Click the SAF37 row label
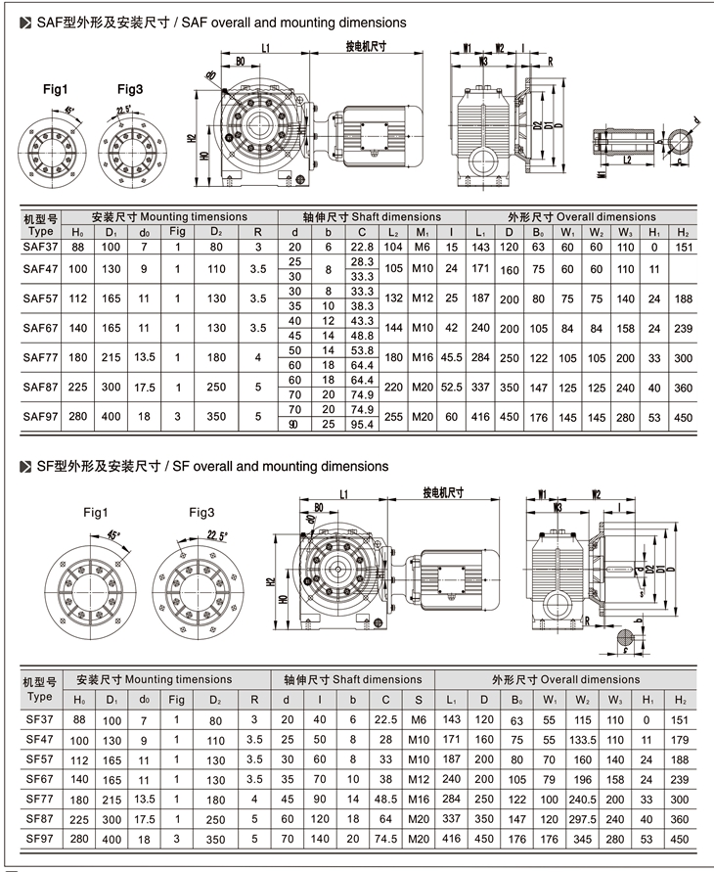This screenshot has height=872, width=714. [x=41, y=249]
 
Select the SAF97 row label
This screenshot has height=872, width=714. [x=41, y=416]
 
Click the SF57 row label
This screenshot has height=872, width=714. [x=40, y=759]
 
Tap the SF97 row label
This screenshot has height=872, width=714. [x=40, y=839]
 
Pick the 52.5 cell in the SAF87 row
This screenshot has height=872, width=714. [x=451, y=388]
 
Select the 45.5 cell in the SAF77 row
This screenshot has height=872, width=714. [x=451, y=358]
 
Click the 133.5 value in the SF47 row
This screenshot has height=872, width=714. [x=584, y=740]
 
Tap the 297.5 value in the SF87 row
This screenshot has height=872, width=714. [x=584, y=819]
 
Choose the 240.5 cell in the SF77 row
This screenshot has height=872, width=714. [x=584, y=800]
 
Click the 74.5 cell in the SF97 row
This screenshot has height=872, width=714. [x=386, y=839]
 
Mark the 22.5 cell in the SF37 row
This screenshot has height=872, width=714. [x=386, y=720]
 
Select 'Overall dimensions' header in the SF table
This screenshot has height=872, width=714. [x=565, y=679]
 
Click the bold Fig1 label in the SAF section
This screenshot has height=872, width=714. [x=56, y=89]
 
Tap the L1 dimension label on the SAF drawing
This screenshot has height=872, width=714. [x=266, y=47]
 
